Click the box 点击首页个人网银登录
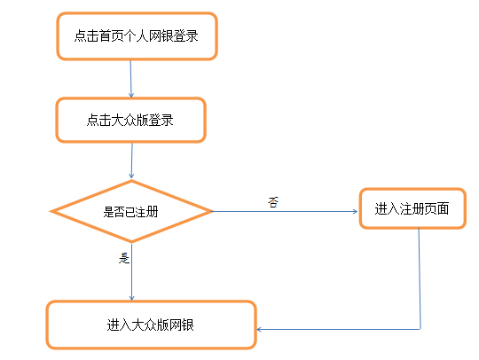click(137, 36)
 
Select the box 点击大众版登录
click(130, 120)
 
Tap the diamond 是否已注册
click(131, 211)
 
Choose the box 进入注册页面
click(412, 208)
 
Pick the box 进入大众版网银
click(151, 325)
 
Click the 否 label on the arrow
click(273, 202)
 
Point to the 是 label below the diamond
click(124, 258)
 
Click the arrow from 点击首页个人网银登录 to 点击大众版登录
click(130, 79)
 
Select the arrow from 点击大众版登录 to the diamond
click(131, 160)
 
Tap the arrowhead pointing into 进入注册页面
click(356, 211)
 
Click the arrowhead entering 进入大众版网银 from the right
click(259, 330)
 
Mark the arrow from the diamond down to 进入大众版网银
click(131, 271)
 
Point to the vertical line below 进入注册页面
click(420, 278)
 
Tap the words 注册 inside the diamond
click(146, 212)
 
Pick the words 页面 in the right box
click(436, 209)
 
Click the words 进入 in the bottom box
click(119, 325)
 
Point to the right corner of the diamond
click(213, 211)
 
